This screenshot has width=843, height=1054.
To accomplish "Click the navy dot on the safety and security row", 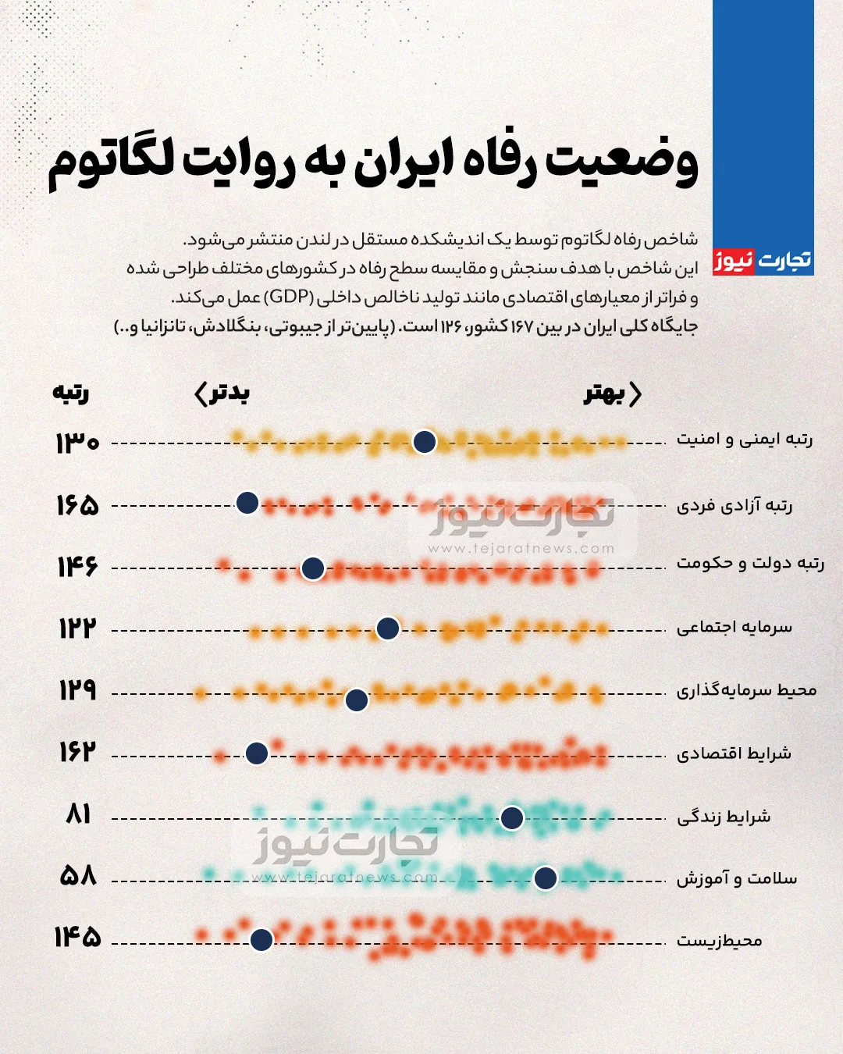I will pos(424,442).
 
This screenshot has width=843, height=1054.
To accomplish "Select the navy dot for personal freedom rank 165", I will pos(247,503).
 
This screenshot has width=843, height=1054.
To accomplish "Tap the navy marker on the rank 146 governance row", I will pos(313,568).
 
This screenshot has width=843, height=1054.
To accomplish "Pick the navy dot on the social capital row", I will pos(388,628).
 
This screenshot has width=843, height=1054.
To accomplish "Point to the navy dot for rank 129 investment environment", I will pos(357,700).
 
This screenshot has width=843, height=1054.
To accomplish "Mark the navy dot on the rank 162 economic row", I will pos(257,753).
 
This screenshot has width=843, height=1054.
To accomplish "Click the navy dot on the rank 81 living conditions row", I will pos(512,818).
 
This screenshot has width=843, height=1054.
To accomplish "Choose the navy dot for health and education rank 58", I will pos(546,878).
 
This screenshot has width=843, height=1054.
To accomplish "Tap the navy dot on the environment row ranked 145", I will pos(261,939).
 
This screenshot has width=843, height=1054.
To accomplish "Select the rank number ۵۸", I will pos(78,875).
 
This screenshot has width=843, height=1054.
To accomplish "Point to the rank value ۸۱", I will pos(79,814).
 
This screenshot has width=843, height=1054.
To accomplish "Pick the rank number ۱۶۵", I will pos(77,505).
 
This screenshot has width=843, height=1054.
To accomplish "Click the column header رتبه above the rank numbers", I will pos(71,393).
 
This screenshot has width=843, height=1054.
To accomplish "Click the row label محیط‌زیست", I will pos(719,941).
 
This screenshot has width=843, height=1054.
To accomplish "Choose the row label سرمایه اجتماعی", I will pos(734,627).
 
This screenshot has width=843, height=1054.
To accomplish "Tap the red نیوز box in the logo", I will pos(734,261).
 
